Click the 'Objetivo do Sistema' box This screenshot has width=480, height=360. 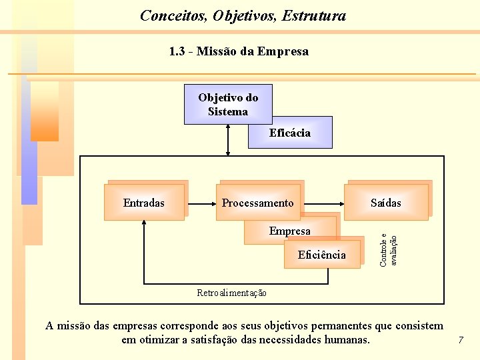point(228,105)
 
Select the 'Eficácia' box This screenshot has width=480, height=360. point(289,133)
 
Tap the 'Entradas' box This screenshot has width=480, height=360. point(144,203)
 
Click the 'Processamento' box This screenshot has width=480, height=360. point(258,203)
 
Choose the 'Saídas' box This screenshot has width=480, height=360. point(386,203)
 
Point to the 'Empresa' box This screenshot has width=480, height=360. point(289,231)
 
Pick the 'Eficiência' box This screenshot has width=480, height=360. point(322,255)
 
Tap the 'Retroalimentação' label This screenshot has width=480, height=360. point(232,293)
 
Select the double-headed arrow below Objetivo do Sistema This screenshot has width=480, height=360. point(229,140)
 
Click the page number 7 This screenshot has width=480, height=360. point(460,341)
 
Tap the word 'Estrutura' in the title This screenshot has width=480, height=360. point(314,15)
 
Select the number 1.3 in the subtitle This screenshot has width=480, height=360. point(177,51)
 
